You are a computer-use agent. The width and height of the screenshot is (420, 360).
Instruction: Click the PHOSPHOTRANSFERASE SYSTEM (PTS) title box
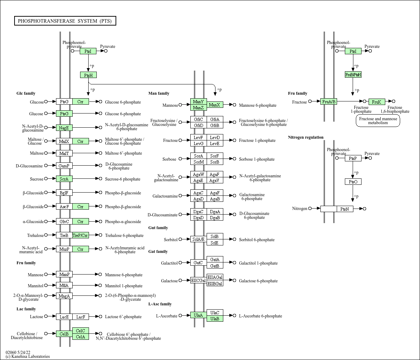(65, 21)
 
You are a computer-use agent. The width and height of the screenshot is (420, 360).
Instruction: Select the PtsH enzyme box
(88, 75)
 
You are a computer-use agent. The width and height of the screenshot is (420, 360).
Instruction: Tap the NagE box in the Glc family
(64, 128)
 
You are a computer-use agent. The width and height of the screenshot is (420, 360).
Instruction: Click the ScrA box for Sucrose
(64, 179)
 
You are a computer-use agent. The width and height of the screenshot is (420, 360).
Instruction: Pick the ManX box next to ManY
(215, 105)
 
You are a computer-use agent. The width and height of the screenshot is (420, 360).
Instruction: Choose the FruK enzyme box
(377, 102)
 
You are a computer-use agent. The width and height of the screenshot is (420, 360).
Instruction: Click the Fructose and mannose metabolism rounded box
(378, 121)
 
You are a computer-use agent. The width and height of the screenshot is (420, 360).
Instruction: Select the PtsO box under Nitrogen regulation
(353, 182)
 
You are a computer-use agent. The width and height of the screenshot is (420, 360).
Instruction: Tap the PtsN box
(345, 209)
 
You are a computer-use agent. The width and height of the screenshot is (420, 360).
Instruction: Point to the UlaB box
(215, 319)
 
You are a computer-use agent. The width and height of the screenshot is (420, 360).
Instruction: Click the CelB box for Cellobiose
(64, 334)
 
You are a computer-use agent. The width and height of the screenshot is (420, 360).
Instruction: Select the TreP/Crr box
(80, 236)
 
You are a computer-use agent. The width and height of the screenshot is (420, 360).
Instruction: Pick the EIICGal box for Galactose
(198, 281)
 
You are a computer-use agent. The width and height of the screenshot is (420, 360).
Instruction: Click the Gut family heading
(158, 228)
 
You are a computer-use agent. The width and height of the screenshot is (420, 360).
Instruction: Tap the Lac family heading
(26, 309)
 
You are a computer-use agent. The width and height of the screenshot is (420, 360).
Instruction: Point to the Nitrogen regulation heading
(306, 137)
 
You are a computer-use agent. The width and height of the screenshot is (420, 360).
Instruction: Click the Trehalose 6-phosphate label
(124, 236)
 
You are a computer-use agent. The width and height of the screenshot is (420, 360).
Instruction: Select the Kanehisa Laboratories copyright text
(28, 356)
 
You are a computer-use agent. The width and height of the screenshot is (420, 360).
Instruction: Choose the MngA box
(64, 296)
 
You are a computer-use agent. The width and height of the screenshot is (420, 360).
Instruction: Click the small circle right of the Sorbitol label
(180, 239)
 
